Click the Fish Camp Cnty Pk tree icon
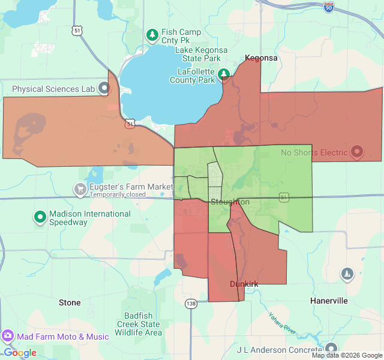pos(152,35)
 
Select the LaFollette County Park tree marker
pos(224,74)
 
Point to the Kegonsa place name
pos(261,58)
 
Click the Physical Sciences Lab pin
pos(104,89)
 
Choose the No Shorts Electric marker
pos(357,152)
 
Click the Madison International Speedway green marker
pos(40,217)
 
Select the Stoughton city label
pos(229,202)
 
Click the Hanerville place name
pos(329,301)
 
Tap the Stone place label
pos(70,302)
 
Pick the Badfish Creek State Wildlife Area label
pos(138,324)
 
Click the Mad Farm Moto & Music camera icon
pos(8,337)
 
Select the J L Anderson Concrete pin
pos(331,349)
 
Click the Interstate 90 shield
pos(344,7)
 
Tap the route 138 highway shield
pos(191,304)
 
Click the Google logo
pos(20,353)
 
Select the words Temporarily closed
pos(118,194)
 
